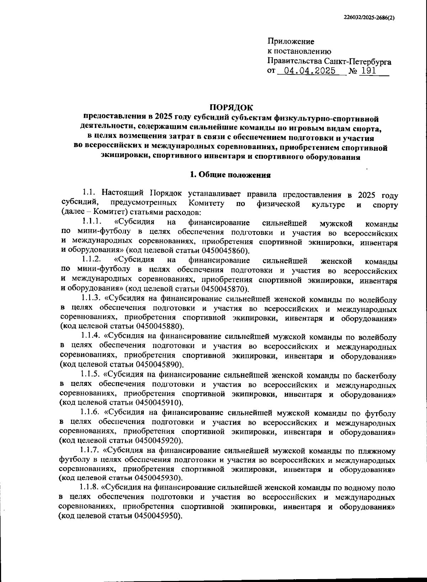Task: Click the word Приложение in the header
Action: [x=291, y=42]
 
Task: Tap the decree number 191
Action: [x=368, y=71]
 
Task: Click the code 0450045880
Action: [x=158, y=326]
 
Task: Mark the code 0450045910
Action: [x=158, y=402]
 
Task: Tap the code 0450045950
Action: [x=158, y=516]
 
